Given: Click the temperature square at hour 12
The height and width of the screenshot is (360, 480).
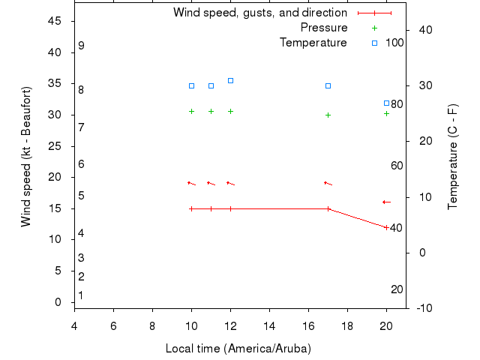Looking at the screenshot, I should [x=230, y=80].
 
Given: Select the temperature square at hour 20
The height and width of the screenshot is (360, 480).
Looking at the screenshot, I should [x=386, y=103].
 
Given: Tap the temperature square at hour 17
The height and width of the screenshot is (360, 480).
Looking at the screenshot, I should [x=328, y=85].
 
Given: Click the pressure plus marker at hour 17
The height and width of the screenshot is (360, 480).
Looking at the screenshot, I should [x=328, y=115].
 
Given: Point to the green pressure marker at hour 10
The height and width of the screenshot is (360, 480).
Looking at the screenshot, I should [x=191, y=111].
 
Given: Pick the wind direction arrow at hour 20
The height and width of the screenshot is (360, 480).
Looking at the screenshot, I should [x=386, y=202].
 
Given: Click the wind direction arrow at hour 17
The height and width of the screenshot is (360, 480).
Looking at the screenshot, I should [x=328, y=183].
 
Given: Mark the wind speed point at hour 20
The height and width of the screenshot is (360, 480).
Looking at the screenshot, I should [x=386, y=227].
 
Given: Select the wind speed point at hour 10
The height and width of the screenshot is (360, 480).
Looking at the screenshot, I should [x=191, y=208].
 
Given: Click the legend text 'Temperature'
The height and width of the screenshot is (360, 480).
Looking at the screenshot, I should [x=313, y=43].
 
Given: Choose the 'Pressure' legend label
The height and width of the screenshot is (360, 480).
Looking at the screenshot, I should [x=323, y=28].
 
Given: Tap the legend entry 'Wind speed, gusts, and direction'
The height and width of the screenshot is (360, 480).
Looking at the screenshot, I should [x=259, y=13].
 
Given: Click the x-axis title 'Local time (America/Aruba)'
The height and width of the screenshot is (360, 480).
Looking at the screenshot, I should [x=238, y=349].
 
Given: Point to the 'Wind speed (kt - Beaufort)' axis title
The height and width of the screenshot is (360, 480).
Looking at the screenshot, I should [x=26, y=156].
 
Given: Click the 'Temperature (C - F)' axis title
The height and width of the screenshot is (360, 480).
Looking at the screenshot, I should [x=452, y=156].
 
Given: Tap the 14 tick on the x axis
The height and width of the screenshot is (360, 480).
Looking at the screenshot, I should [x=269, y=325].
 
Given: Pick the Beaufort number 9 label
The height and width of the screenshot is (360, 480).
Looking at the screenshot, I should [x=81, y=46].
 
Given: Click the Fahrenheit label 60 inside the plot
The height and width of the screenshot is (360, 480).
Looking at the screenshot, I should [x=397, y=166].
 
